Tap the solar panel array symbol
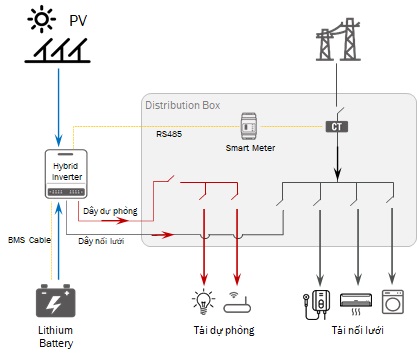60,51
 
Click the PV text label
79,21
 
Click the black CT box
337,127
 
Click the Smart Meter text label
250,148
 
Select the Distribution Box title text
183,105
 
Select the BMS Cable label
30,240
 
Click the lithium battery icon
56,301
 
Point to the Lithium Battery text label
56,336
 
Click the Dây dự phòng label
110,212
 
